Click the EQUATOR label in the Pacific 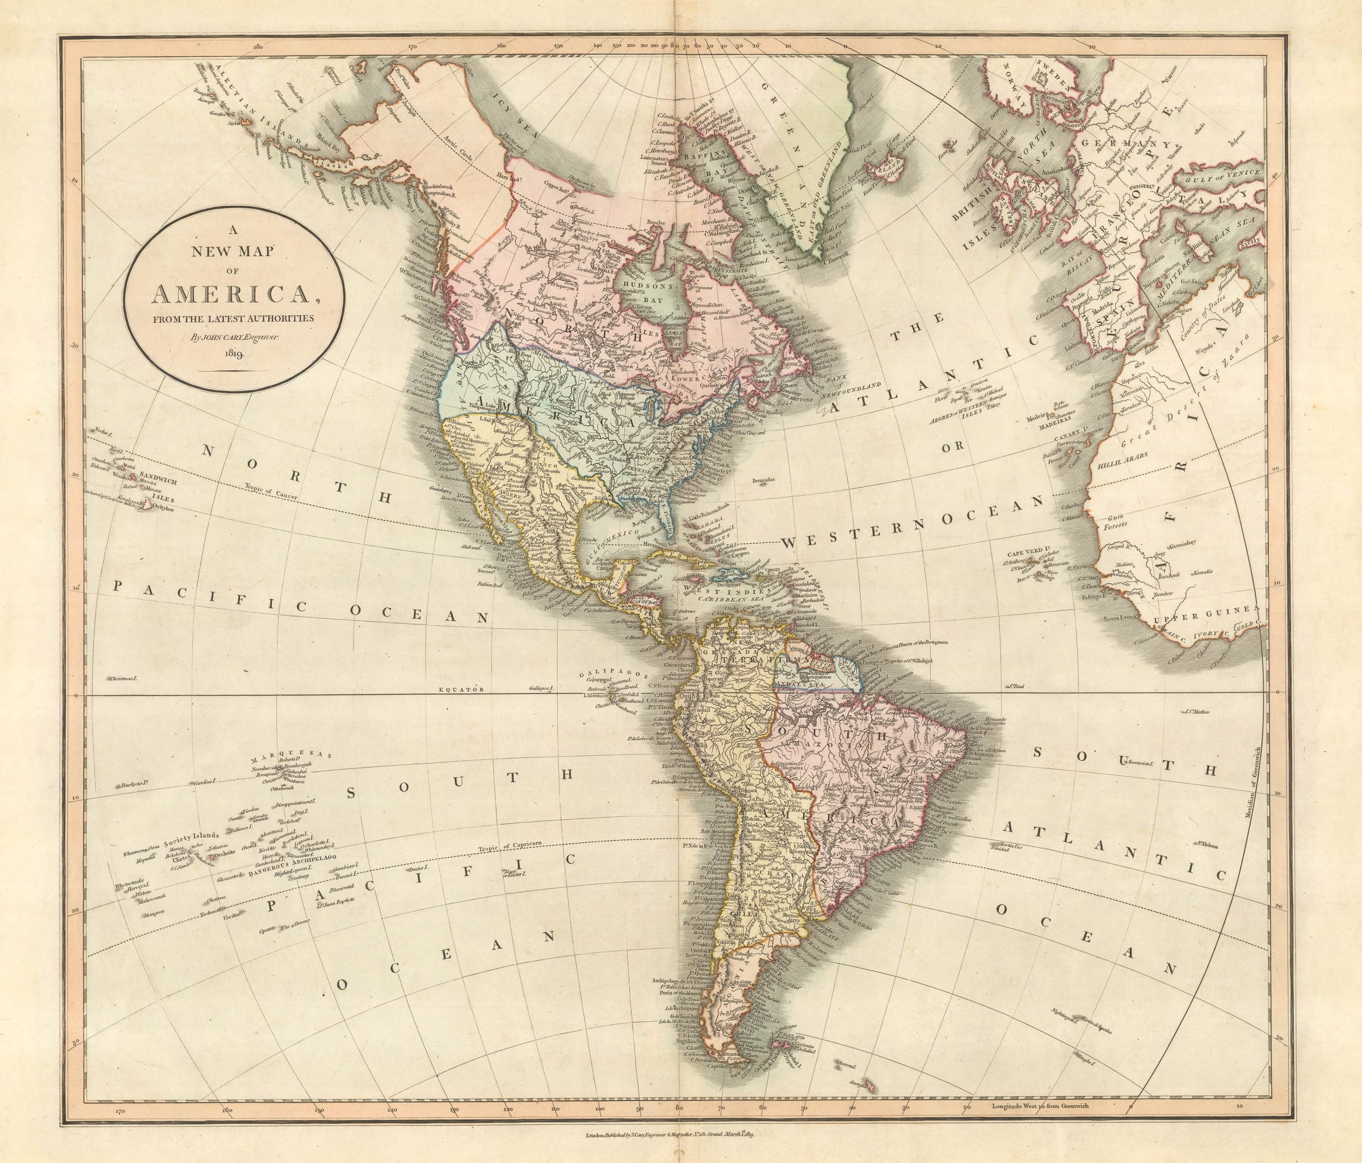(461, 690)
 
